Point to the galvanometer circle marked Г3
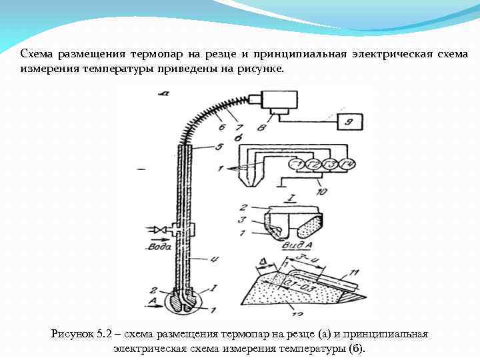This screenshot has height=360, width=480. coord(329,164)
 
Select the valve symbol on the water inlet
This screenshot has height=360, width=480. coord(161,230)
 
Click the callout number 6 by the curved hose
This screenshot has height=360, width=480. coord(222,123)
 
